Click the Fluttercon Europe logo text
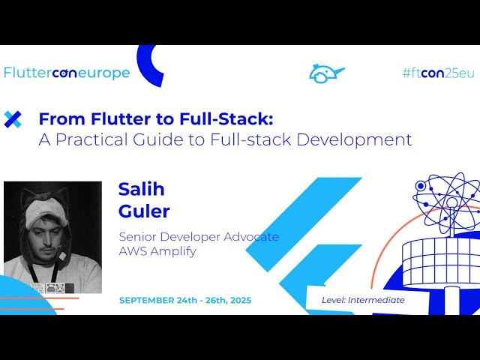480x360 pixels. tap(67, 73)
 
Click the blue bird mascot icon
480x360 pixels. tap(326, 73)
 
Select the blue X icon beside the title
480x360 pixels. tap(13, 118)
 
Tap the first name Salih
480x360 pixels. tap(141, 188)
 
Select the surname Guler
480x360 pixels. tap(144, 211)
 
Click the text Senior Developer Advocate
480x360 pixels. tap(199, 237)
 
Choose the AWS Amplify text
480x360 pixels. tap(157, 251)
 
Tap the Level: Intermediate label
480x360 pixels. tap(363, 300)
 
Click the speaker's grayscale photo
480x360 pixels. tap(52, 237)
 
